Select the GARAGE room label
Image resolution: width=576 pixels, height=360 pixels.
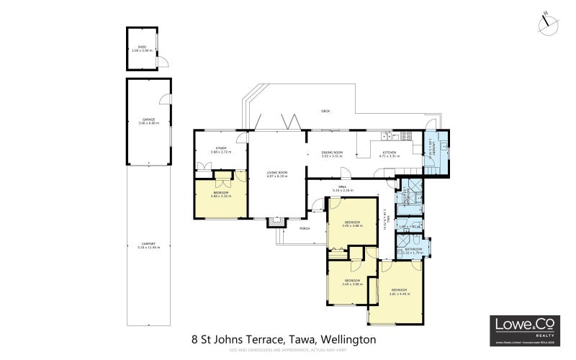click(x=148, y=120)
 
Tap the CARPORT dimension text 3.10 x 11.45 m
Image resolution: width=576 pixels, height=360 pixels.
click(x=148, y=248)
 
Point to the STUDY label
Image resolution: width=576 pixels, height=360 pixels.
click(x=220, y=148)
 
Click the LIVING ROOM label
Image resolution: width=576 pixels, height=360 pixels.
click(x=277, y=173)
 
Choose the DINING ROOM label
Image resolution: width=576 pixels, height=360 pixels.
click(x=332, y=153)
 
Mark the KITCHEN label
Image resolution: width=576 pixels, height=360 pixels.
click(x=389, y=153)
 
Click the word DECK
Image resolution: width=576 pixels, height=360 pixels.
click(x=325, y=111)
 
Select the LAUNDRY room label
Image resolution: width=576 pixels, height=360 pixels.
click(x=435, y=148)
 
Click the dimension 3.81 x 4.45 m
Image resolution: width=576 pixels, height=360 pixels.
click(x=399, y=294)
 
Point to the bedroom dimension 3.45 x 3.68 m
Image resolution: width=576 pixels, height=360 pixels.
click(x=352, y=225)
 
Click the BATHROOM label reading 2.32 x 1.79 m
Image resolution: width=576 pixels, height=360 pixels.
click(x=413, y=253)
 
